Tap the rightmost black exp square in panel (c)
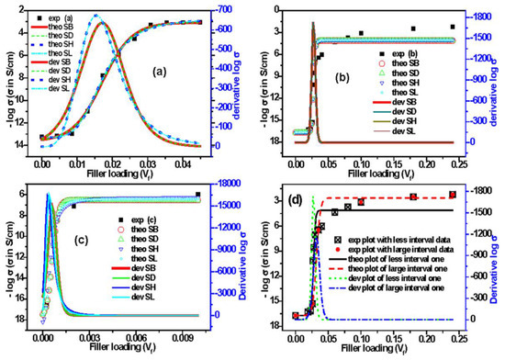point(197,195)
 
